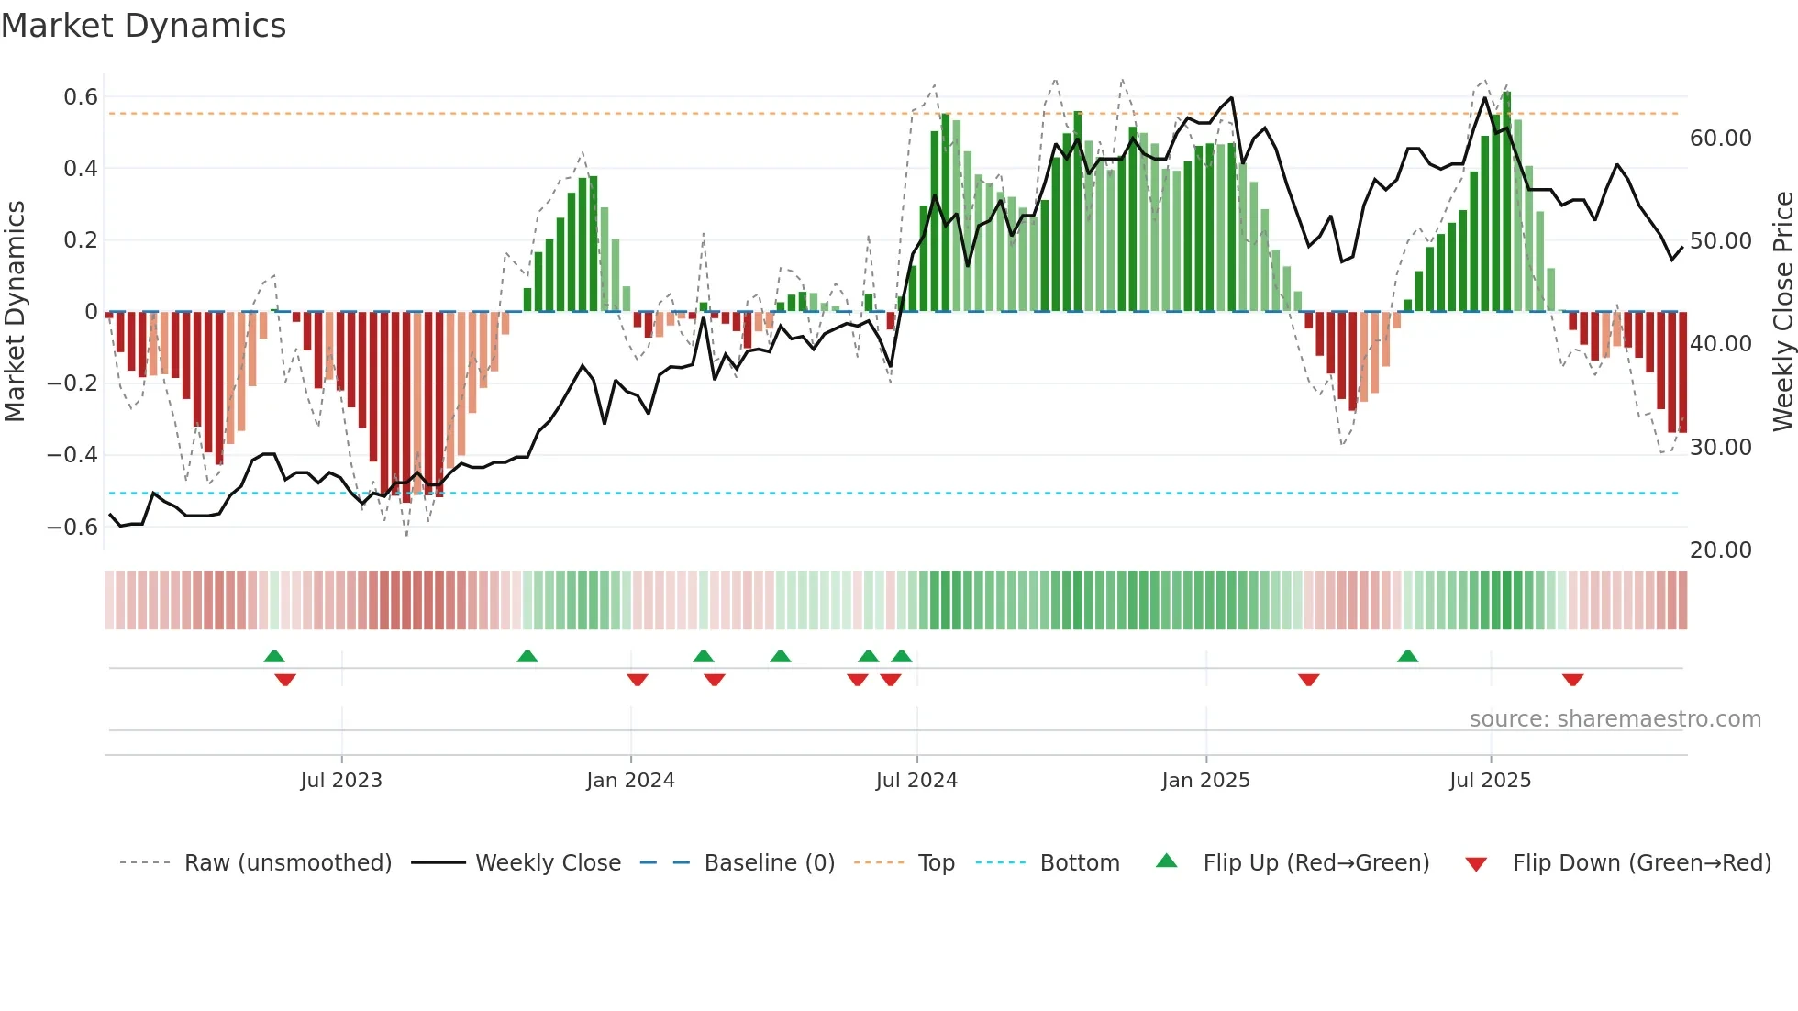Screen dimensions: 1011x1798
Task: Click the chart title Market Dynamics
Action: coord(143,26)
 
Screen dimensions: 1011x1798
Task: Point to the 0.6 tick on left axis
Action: coord(81,97)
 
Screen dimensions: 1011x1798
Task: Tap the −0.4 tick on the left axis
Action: coord(72,455)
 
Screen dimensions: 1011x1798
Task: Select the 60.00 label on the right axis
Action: coord(1720,139)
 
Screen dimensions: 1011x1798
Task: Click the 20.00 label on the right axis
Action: coord(1720,550)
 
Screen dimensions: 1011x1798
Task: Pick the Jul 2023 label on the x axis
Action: coord(341,781)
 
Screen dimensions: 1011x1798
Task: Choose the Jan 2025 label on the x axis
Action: coord(1205,781)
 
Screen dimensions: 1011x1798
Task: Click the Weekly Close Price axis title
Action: coord(1782,311)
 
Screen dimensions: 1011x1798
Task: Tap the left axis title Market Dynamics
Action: coord(15,311)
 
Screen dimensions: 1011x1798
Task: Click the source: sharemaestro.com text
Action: coord(1615,719)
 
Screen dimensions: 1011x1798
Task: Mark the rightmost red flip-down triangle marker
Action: coord(1572,680)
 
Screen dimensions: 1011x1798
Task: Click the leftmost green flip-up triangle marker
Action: coord(274,656)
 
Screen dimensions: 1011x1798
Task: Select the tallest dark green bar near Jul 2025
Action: coord(1506,202)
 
